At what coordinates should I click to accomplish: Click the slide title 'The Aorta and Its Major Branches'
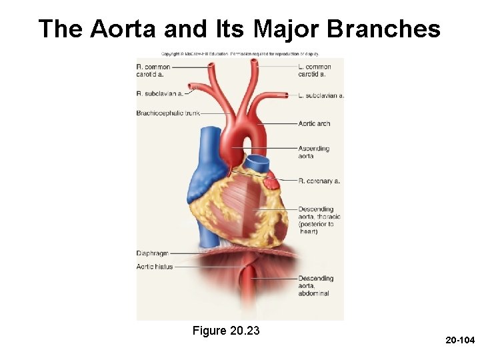[x=239, y=29]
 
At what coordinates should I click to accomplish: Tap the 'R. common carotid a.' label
[x=154, y=70]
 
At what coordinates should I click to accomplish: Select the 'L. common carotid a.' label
[x=315, y=70]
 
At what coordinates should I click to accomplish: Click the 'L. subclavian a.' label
[x=321, y=95]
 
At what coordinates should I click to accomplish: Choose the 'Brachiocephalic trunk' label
[x=167, y=113]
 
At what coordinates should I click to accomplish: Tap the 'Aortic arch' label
[x=314, y=123]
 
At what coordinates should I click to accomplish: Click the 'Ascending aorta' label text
[x=314, y=152]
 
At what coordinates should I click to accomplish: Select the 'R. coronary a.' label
[x=319, y=181]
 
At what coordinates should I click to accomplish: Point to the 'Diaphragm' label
[x=152, y=253]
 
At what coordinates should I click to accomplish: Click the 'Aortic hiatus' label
[x=154, y=267]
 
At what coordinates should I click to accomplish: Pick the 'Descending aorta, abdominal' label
[x=315, y=286]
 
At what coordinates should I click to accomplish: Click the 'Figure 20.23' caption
[x=225, y=331]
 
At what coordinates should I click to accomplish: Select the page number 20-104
[x=458, y=341]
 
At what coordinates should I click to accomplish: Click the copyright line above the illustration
[x=239, y=53]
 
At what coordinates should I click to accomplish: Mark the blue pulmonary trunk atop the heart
[x=256, y=164]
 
